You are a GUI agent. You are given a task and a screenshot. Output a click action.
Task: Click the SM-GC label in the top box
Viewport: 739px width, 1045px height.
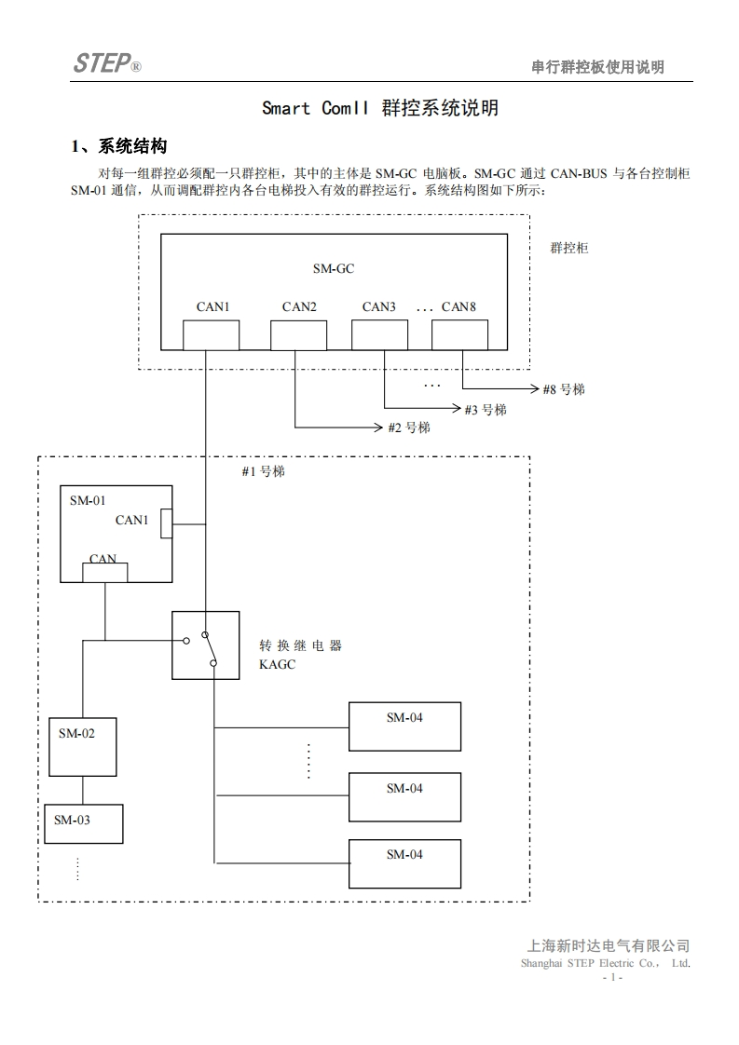(x=334, y=268)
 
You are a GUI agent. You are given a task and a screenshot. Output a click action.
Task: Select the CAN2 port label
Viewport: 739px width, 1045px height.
(x=299, y=306)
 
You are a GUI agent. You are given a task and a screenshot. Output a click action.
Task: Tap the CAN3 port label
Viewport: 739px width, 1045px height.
(x=379, y=306)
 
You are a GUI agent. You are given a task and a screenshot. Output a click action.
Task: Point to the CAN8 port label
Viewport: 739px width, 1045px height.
(x=458, y=306)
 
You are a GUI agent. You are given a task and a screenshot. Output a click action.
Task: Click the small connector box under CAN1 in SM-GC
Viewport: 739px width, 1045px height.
(x=211, y=335)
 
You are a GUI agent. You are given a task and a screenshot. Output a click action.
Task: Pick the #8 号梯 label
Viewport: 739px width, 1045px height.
(x=564, y=389)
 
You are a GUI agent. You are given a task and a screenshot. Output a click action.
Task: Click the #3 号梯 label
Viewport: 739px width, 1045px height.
(x=485, y=410)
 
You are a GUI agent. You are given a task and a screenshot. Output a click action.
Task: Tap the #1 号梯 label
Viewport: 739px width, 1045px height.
(x=263, y=472)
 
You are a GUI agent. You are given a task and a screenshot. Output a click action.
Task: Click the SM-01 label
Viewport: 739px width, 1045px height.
(x=88, y=500)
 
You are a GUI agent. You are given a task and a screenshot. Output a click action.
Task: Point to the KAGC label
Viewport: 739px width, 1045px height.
(x=277, y=665)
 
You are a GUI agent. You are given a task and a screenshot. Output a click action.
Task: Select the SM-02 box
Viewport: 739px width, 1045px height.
(x=83, y=747)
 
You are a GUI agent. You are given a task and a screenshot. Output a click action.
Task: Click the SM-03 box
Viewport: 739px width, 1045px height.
(x=83, y=823)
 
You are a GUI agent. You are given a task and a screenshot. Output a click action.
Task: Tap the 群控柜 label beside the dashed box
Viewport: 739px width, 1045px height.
(x=568, y=248)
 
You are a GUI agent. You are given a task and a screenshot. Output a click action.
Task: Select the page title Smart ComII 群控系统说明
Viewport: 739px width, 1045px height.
(x=379, y=108)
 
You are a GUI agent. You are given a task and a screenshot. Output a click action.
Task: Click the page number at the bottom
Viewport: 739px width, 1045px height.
(x=612, y=978)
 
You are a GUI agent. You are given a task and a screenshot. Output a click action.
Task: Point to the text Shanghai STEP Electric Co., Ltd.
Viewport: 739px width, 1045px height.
(x=605, y=963)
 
